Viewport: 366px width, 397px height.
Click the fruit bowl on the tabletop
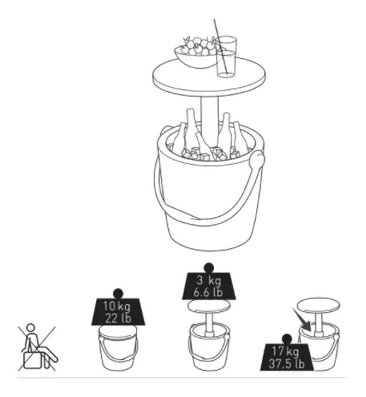[195, 58]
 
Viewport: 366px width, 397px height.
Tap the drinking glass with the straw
[226, 56]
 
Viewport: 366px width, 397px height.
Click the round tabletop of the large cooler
[209, 76]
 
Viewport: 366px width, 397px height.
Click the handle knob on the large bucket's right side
[257, 160]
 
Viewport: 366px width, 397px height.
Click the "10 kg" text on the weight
[117, 306]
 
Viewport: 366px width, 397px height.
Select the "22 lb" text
[118, 317]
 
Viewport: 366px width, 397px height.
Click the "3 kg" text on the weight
[209, 280]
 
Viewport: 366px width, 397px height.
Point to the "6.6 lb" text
[208, 292]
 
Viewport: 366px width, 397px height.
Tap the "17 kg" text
[285, 351]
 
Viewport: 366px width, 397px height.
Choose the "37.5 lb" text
[287, 363]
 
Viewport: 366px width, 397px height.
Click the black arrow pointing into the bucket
[302, 320]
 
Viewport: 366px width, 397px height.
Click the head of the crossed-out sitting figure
[31, 328]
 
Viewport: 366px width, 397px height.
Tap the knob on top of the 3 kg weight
[209, 268]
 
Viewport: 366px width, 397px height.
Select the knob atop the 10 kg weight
[118, 293]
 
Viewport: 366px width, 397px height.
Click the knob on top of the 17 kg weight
[287, 339]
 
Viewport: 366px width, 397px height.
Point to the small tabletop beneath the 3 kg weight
[209, 306]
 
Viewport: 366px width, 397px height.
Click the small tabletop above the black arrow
[319, 305]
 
